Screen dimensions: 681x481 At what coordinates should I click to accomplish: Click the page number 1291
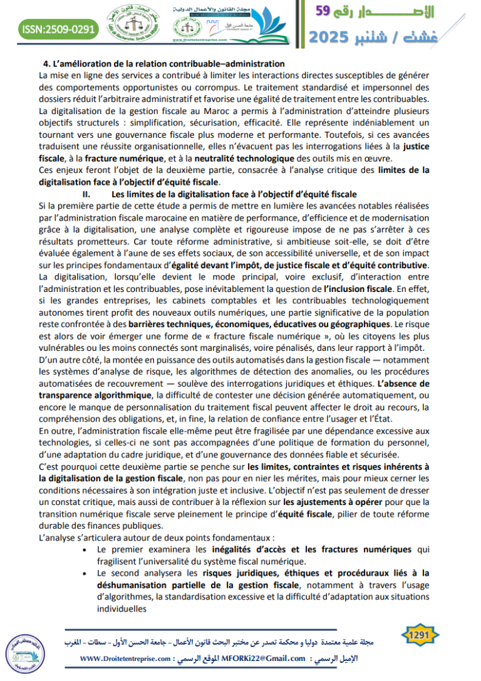[x=418, y=636]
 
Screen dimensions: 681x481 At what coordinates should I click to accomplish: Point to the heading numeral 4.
[x=46, y=64]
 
